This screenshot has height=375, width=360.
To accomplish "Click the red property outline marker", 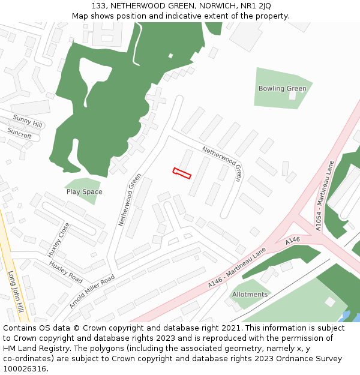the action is click(x=182, y=173).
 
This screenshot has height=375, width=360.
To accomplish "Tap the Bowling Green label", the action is click(x=282, y=89).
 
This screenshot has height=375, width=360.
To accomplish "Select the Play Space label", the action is click(x=84, y=192).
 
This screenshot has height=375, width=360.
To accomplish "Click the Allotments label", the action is click(x=250, y=295).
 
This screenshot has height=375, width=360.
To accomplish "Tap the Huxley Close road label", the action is click(x=59, y=239).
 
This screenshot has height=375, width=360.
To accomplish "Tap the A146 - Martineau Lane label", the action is click(x=237, y=269).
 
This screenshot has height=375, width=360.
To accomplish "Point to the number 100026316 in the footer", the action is click(x=24, y=368).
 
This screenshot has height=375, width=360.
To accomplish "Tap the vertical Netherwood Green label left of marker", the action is click(x=130, y=200).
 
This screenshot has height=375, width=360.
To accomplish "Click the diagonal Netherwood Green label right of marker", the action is click(x=222, y=163).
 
